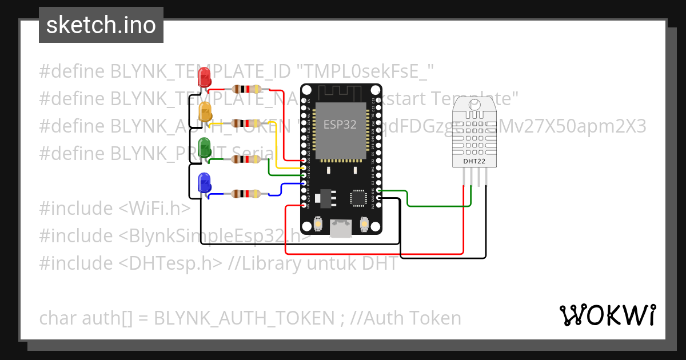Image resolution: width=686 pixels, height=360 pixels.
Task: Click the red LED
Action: pyautogui.click(x=204, y=77)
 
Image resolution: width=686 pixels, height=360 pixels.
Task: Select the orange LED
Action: pyautogui.click(x=205, y=111)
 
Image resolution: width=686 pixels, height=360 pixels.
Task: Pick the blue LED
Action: pyautogui.click(x=204, y=183)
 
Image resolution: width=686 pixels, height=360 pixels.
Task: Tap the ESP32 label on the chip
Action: pyautogui.click(x=341, y=125)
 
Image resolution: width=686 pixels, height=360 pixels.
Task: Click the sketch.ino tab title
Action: pyautogui.click(x=101, y=25)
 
